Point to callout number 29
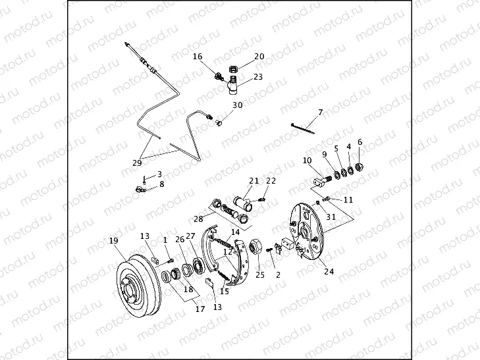coord(136,162)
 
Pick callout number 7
coord(321,113)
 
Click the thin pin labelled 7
coord(302,128)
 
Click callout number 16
coord(198,57)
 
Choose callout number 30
coord(237,105)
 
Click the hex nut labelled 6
coord(360,166)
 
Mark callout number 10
coord(307,161)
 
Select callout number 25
coord(260,275)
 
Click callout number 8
coord(162,184)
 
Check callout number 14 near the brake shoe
coord(235,232)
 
